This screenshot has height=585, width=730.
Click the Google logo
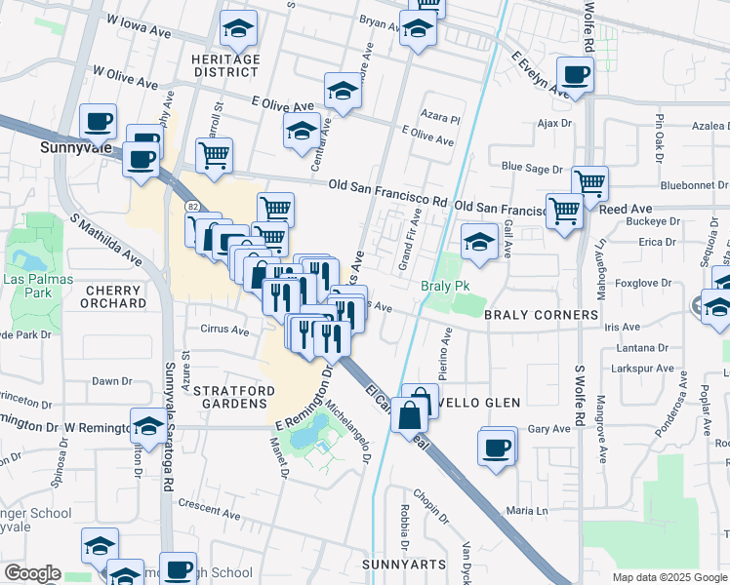click(32, 573)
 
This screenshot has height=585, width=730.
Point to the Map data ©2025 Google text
click(669, 577)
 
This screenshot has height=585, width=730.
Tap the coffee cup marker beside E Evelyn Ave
click(576, 74)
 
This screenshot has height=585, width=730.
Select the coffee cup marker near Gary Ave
click(498, 448)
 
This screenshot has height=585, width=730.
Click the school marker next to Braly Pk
click(479, 242)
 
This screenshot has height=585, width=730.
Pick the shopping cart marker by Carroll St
click(214, 154)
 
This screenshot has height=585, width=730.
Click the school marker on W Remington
click(148, 425)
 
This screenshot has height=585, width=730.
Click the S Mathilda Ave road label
click(102, 239)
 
